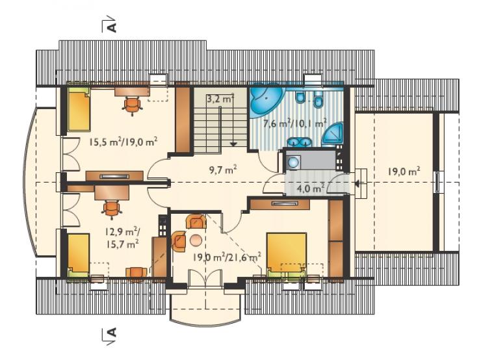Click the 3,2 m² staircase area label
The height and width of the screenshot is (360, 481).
tap(220, 99)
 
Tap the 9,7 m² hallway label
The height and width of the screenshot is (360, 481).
tap(223, 170)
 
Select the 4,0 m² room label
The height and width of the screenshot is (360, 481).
tap(311, 188)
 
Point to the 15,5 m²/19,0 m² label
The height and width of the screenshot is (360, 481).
tap(123, 142)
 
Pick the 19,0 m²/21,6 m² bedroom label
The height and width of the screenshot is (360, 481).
tap(227, 257)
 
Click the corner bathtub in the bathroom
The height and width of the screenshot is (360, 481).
tap(266, 100)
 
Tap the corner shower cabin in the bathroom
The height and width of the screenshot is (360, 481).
tap(333, 135)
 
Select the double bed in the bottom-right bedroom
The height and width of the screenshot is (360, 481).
tap(287, 254)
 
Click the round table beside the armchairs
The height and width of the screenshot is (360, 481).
tap(196, 240)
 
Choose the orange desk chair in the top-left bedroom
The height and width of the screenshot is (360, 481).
tap(132, 105)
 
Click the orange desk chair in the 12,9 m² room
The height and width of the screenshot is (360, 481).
tap(110, 209)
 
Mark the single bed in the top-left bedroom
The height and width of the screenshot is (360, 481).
tap(79, 109)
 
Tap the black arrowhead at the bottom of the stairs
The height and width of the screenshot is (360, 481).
tap(233, 143)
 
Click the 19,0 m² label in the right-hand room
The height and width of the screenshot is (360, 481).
tap(404, 171)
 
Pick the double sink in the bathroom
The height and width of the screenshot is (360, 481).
tap(300, 142)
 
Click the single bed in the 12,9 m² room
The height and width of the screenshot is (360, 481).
tap(79, 254)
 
